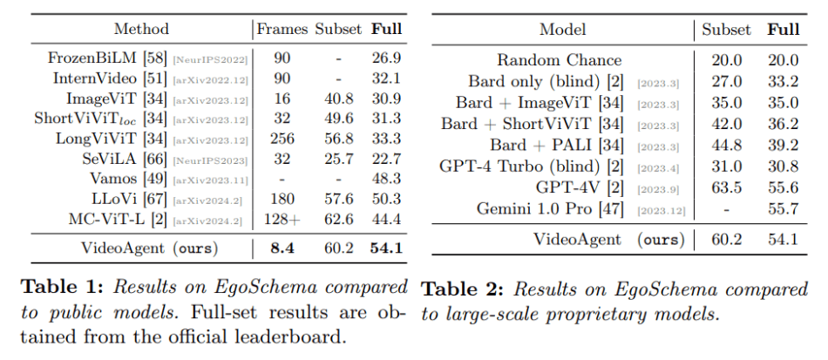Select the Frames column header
(282, 29)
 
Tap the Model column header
(562, 29)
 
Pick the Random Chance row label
(560, 60)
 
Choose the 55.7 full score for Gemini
(784, 209)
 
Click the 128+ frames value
(282, 218)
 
